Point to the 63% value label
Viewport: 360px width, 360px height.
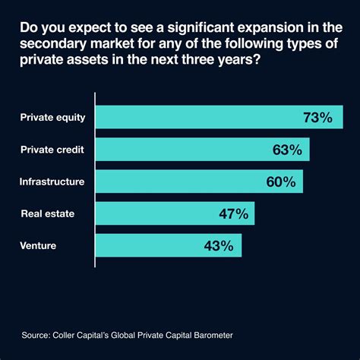287,150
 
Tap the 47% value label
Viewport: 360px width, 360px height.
233,213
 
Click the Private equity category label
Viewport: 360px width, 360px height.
53,118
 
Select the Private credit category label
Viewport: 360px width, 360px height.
52,150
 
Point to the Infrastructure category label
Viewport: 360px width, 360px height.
52,182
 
